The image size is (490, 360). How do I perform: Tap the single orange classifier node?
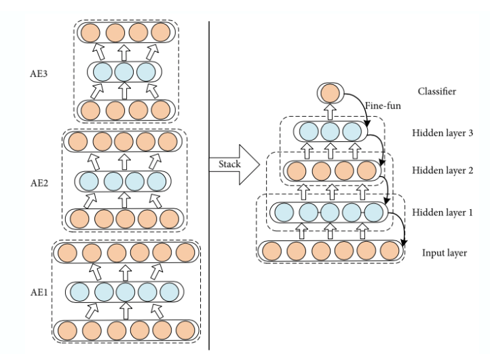tap(328, 93)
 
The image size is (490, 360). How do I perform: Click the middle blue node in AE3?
tap(124, 71)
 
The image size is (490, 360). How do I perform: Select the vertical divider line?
tap(208, 183)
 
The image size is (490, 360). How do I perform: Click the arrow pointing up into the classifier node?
tap(328, 111)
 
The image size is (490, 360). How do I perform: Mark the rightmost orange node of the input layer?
tap(389, 251)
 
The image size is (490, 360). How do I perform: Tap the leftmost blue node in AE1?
tap(81, 292)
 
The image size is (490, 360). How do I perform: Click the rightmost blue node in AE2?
tap(157, 181)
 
